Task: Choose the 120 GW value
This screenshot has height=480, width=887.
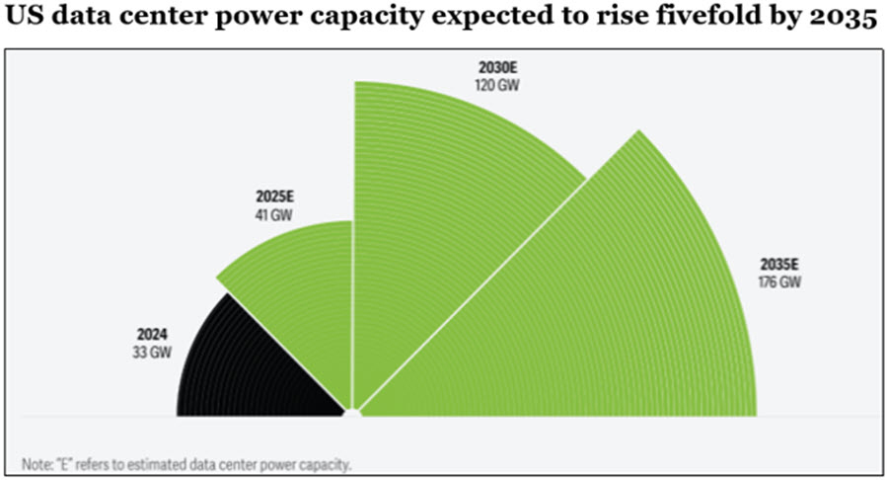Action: tap(496, 85)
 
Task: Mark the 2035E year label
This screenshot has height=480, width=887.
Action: tap(780, 265)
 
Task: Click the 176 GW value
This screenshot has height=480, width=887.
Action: tap(780, 282)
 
